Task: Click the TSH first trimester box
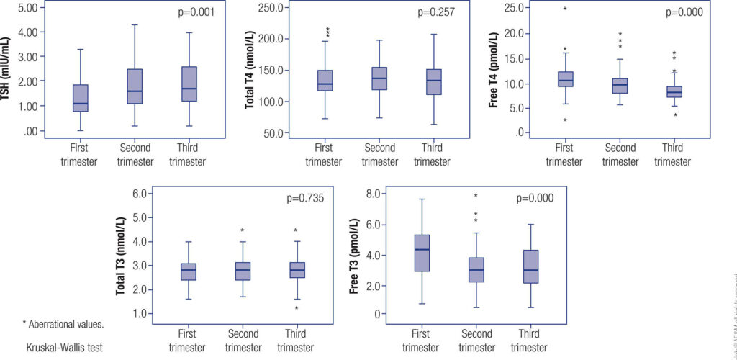[81, 98]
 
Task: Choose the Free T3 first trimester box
[422, 253]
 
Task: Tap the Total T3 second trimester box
[243, 271]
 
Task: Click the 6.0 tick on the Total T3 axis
[145, 194]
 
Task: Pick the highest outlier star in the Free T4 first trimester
[565, 9]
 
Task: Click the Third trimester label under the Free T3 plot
[530, 340]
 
